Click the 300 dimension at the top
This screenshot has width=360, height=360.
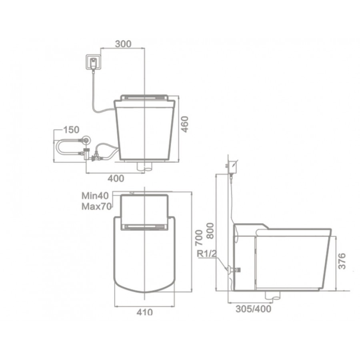(x=123, y=44)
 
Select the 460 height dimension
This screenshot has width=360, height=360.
(x=184, y=124)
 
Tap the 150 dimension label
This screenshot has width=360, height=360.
(x=71, y=130)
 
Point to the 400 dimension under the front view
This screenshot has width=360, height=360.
(x=116, y=178)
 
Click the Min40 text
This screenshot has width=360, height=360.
(x=95, y=196)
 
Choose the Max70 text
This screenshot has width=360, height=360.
(x=97, y=207)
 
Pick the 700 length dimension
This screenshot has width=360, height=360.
(x=199, y=238)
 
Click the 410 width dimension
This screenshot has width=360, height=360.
(x=145, y=312)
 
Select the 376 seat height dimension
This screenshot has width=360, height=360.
(x=342, y=261)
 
